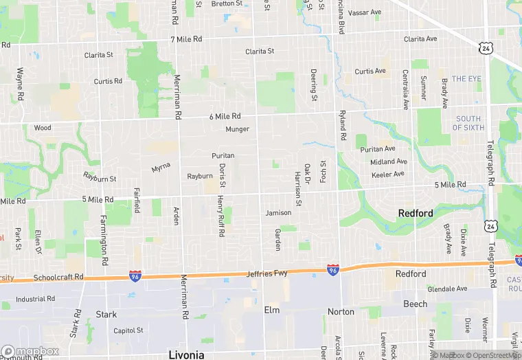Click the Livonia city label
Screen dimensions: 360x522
coord(186,355)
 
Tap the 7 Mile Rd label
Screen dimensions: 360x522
coord(187,39)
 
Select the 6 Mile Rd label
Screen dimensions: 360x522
coord(225,117)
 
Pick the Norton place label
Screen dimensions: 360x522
coord(341,312)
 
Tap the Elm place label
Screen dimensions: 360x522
coord(272,310)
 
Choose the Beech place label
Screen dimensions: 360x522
coord(415,304)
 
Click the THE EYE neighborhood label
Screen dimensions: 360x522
coord(466,79)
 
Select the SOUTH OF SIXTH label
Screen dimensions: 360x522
coord(469,123)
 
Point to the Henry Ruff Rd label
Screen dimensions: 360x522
coord(220,216)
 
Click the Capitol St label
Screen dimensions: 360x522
coord(128,330)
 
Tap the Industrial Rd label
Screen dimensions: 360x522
coord(35,299)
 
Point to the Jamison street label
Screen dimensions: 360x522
coord(278,213)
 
